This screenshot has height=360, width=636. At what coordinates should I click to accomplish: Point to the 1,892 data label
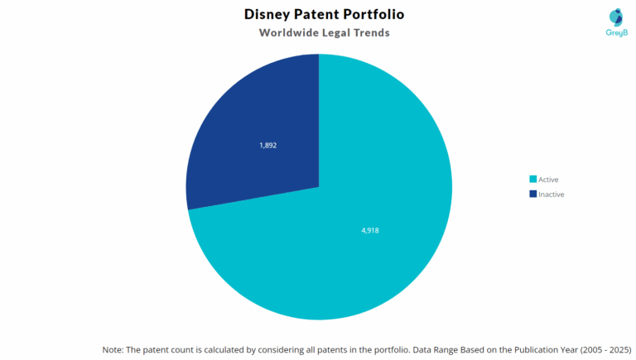[x=267, y=145]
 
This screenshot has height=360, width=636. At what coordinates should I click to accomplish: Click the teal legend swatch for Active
[x=532, y=180]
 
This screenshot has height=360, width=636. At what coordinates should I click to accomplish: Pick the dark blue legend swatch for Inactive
[x=532, y=194]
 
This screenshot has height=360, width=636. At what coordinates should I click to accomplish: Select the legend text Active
[x=548, y=180]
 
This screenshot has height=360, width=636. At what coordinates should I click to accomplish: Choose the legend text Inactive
[x=551, y=194]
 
